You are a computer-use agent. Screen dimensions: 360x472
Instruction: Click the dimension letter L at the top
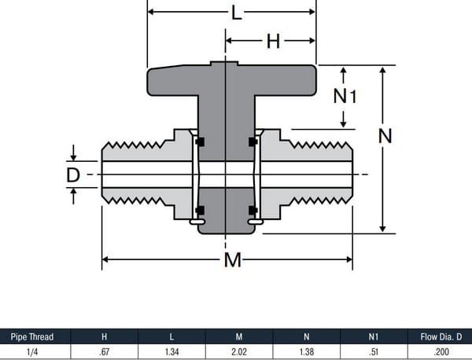point(234,13)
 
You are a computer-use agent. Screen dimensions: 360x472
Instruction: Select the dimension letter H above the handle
point(272,41)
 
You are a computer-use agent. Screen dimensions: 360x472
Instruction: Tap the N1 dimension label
point(345,96)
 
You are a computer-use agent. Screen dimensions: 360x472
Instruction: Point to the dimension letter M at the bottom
point(232,260)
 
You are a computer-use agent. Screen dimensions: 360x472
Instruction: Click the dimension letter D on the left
point(73,174)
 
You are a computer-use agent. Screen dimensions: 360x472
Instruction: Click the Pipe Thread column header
point(32,336)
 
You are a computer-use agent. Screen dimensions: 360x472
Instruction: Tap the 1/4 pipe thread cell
point(32,351)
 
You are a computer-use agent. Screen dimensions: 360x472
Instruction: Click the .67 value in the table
point(104,351)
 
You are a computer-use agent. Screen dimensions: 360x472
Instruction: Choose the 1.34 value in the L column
point(171,351)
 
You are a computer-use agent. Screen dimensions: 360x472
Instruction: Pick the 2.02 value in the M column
point(239,351)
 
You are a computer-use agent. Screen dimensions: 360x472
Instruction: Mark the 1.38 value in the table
point(307,351)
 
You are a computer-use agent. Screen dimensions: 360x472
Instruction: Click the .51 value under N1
point(374,351)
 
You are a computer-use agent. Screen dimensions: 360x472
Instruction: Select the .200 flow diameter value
point(441,351)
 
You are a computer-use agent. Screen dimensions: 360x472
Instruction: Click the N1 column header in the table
point(374,336)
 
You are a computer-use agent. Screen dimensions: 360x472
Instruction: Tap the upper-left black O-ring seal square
point(200,141)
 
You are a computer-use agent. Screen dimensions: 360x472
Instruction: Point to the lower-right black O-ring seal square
point(253,210)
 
